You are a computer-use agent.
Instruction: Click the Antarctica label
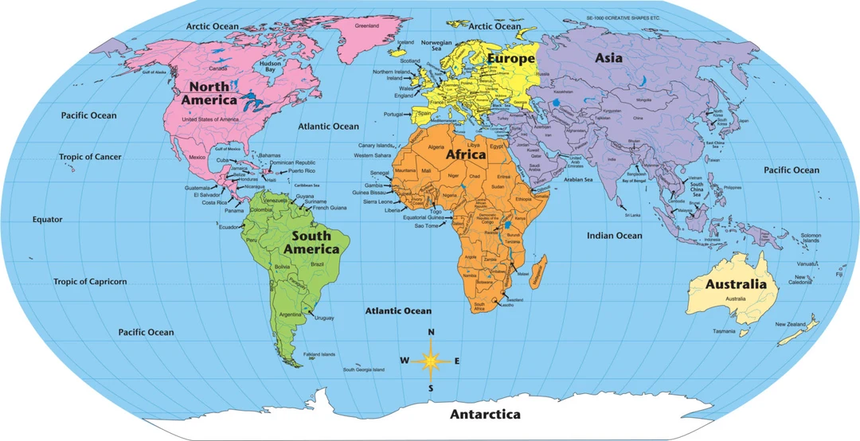pyautogui.click(x=485, y=415)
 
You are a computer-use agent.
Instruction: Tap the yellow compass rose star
pyautogui.click(x=431, y=361)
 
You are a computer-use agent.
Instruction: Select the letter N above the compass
pyautogui.click(x=431, y=333)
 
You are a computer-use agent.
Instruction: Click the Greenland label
pyautogui.click(x=367, y=25)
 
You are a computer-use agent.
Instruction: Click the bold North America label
pyautogui.click(x=209, y=93)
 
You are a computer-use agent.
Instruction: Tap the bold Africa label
pyautogui.click(x=466, y=154)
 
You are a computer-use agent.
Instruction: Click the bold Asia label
pyautogui.click(x=609, y=58)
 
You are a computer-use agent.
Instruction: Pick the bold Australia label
pyautogui.click(x=736, y=284)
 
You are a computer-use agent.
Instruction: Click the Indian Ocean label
pyautogui.click(x=615, y=236)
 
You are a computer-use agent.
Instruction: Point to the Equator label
pyautogui.click(x=47, y=220)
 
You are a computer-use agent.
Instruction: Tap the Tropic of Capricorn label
pyautogui.click(x=90, y=282)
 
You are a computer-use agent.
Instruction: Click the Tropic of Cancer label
pyautogui.click(x=90, y=157)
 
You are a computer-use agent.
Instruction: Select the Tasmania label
pyautogui.click(x=724, y=331)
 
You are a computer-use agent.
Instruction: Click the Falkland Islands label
pyautogui.click(x=319, y=354)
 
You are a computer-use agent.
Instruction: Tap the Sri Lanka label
pyautogui.click(x=633, y=215)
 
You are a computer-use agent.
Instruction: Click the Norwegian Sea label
pyautogui.click(x=436, y=45)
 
